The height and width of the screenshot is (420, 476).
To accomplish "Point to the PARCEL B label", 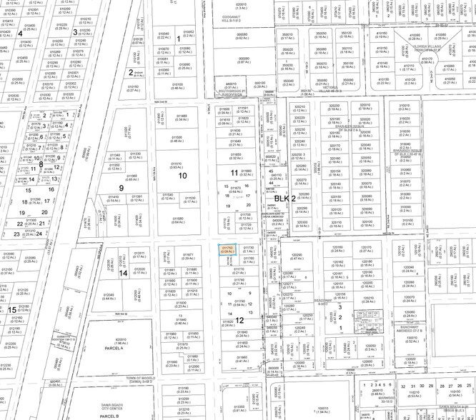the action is coord(109,415).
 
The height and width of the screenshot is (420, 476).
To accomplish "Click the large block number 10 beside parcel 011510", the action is coord(182,175).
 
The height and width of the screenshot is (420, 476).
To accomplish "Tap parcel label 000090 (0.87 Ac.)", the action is coord(244,60).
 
